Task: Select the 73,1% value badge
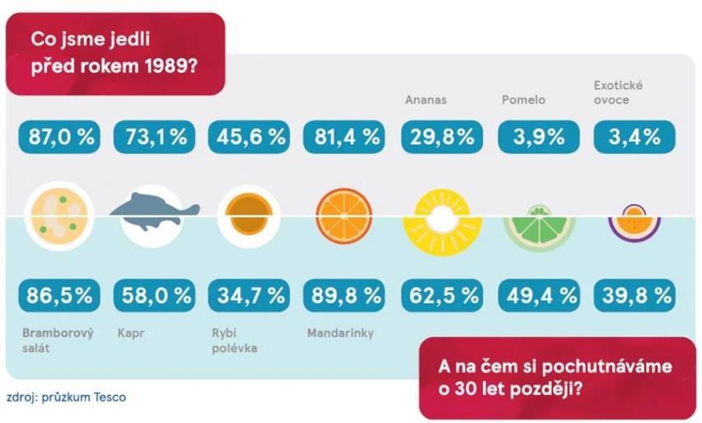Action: coord(156,138)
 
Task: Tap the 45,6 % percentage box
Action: coord(248,138)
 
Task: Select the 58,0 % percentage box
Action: coord(156,295)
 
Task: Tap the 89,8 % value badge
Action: coord(344,295)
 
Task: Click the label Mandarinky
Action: coord(340,333)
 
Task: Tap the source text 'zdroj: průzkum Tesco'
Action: coord(66,397)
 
